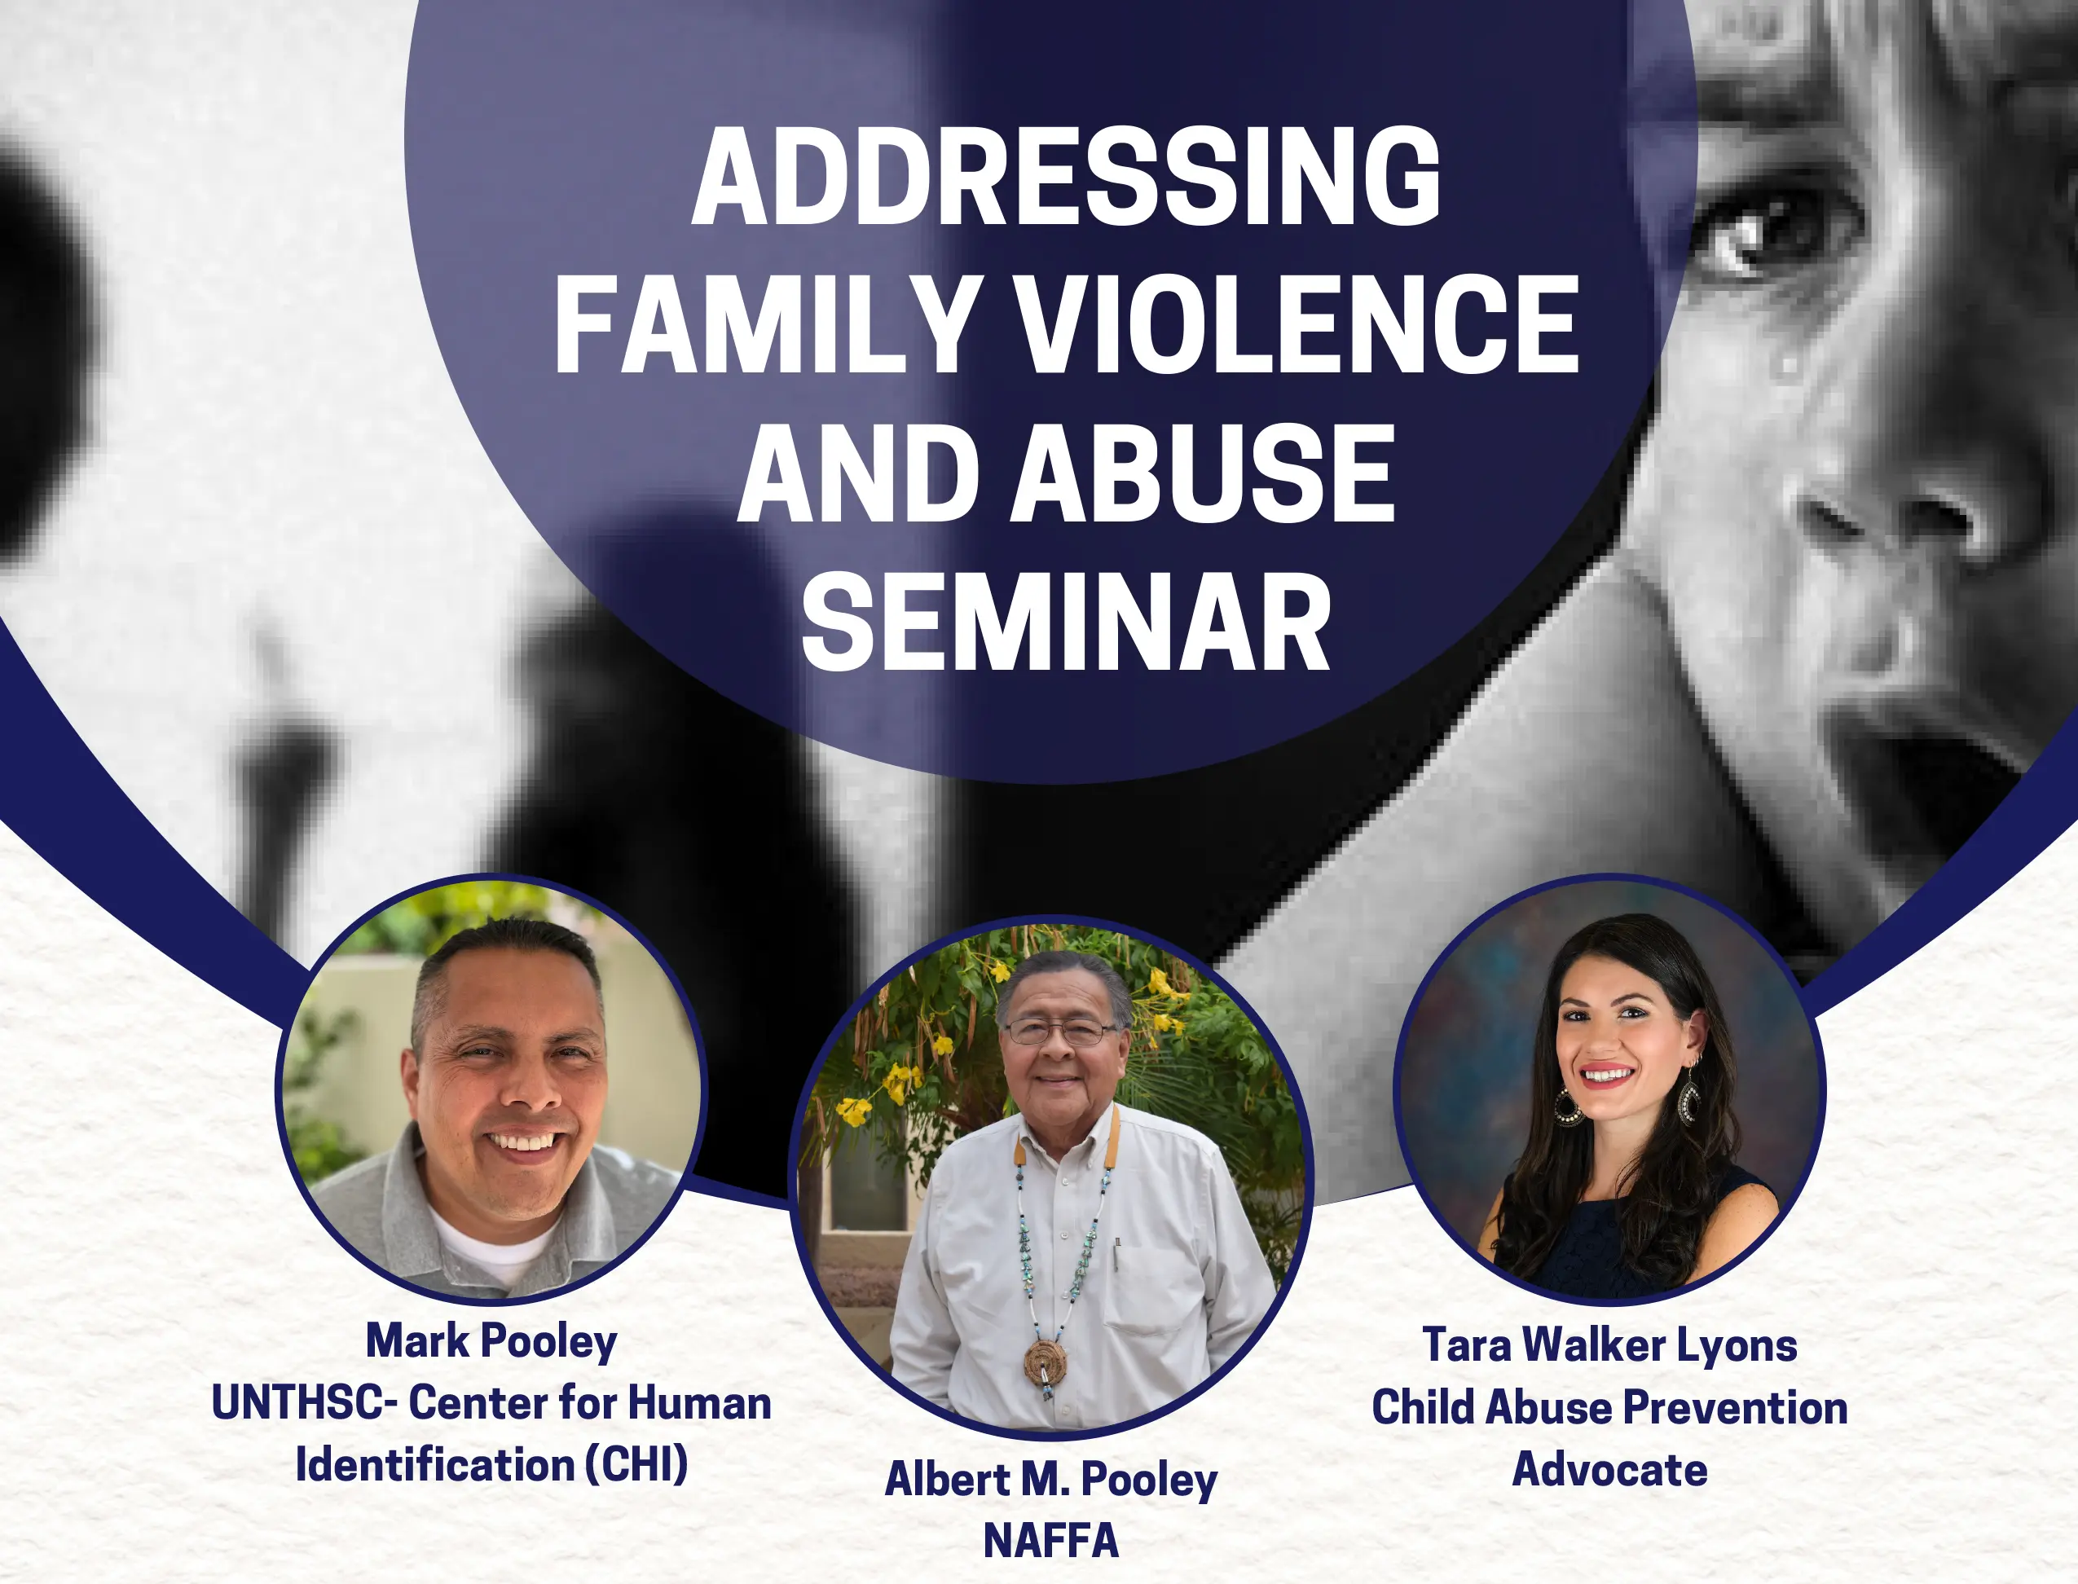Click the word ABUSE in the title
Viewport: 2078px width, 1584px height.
pos(1203,473)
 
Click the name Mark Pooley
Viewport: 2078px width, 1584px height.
pos(491,1343)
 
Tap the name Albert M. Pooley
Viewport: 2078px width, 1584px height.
pos(1051,1481)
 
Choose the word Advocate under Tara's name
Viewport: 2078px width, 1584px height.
pos(1609,1470)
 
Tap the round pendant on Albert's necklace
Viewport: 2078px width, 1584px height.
pos(1046,1362)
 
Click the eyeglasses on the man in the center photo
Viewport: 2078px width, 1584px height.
pos(1059,1032)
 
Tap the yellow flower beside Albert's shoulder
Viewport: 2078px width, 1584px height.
pos(854,1111)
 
